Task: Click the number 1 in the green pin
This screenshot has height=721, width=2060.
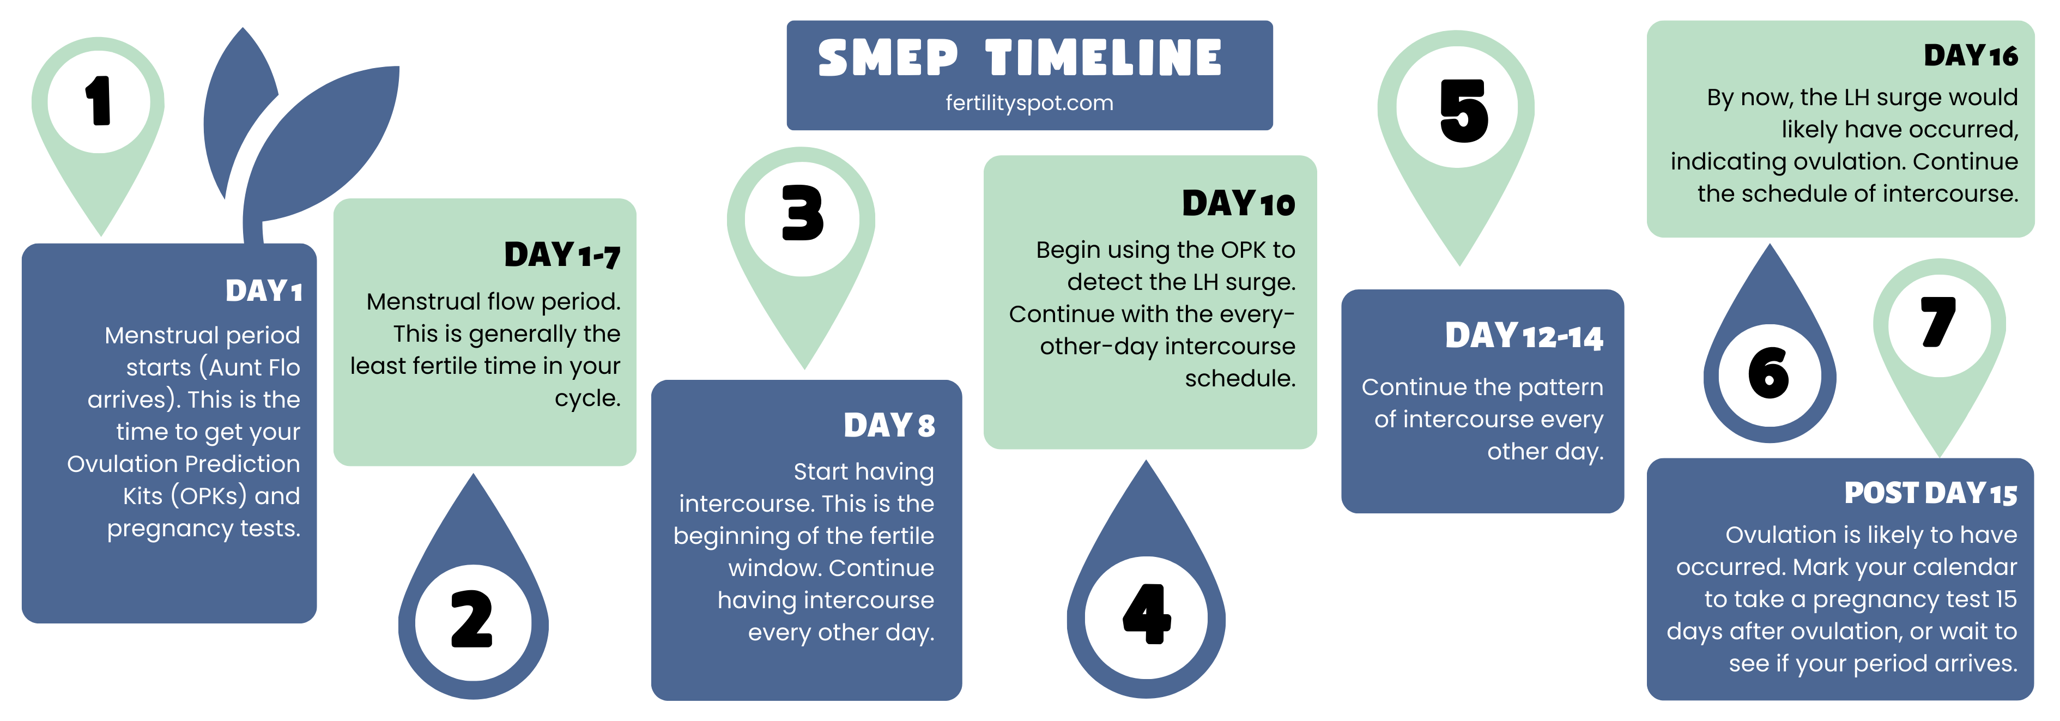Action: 98,101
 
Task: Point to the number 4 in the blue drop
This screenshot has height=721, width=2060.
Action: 1147,614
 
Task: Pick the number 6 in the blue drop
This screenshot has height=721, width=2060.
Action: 1768,373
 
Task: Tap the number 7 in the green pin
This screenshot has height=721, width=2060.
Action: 1938,322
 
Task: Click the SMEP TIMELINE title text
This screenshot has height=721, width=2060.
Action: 1020,58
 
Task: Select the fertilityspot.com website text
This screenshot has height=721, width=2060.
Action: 1029,103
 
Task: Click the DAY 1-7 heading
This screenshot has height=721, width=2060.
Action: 562,255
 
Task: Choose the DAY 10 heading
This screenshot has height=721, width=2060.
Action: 1239,203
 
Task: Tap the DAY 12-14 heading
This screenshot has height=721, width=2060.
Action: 1524,336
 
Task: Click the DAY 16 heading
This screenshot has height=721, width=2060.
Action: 1971,55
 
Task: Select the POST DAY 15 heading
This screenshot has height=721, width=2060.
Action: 1930,493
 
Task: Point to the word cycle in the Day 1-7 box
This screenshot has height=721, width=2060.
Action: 588,398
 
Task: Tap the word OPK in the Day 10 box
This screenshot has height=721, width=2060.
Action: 1243,250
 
